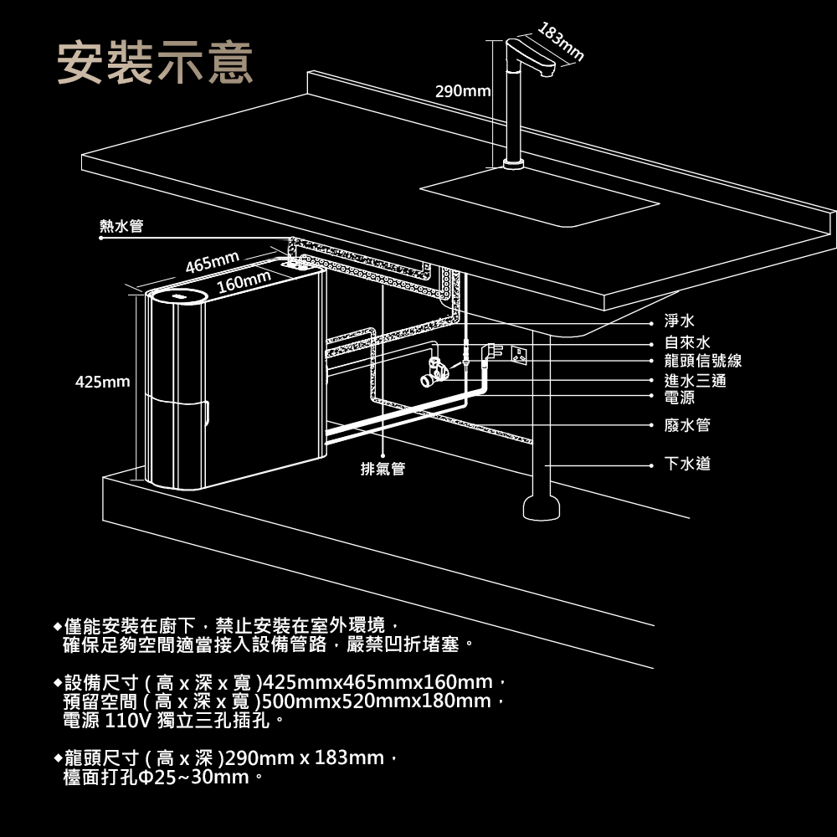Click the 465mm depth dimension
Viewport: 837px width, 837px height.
click(x=213, y=262)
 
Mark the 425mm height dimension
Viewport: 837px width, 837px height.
click(x=102, y=382)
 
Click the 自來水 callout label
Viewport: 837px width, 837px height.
click(x=687, y=342)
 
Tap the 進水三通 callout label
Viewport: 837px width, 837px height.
click(x=695, y=381)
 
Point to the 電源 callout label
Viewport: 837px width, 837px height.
click(x=680, y=398)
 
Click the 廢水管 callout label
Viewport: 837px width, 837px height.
click(x=687, y=425)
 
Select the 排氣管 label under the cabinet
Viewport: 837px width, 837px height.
click(x=383, y=469)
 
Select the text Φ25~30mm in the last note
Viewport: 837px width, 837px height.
click(x=201, y=778)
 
